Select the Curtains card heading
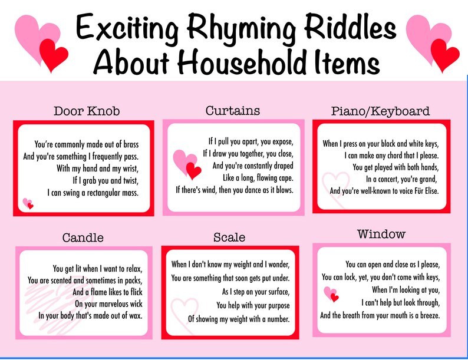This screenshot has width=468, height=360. (233, 111)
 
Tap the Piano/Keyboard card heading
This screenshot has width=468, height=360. (380, 111)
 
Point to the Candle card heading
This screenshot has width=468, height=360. (83, 238)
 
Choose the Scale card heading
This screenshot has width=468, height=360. (229, 237)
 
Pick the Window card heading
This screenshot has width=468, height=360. (381, 235)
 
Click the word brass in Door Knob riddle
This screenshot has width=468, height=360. (128, 144)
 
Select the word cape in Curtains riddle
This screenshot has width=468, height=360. (283, 177)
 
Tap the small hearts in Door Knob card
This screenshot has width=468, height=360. (28, 204)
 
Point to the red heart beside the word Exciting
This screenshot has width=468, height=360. (53, 54)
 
